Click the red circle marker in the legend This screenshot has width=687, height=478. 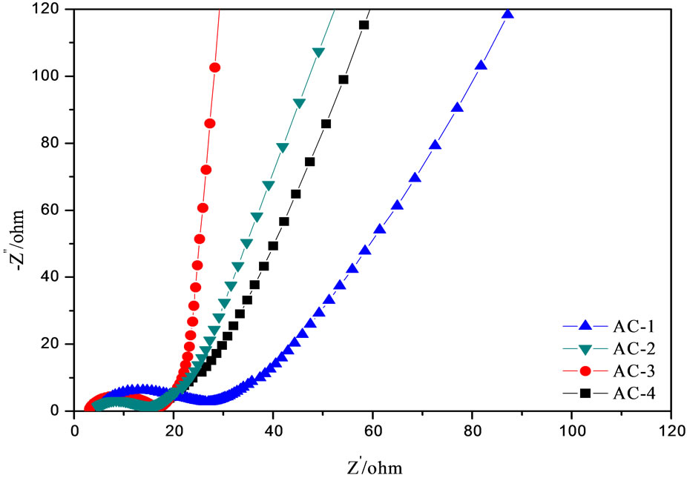pos(584,370)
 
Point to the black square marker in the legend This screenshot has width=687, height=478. pos(584,392)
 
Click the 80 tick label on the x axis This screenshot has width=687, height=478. pos(473,429)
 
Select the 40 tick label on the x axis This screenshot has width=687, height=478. pos(273,429)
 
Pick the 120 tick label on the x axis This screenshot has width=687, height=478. pos(671,429)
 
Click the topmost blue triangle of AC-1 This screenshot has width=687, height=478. pos(508,13)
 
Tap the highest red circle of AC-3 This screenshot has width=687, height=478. pos(215,67)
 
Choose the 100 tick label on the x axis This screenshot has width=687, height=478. pos(572,429)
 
